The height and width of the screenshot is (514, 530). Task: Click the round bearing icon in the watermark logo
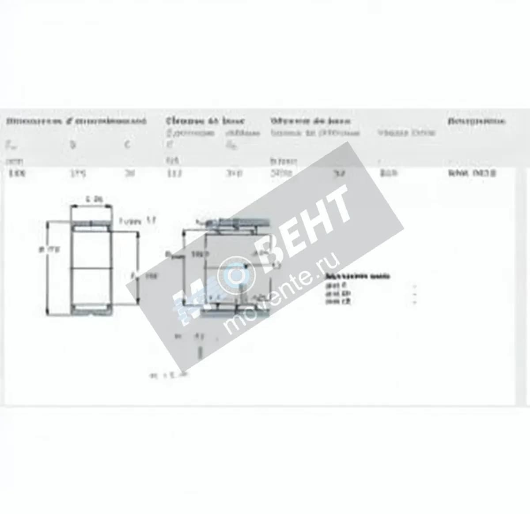[236, 275]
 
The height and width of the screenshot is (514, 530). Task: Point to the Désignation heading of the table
[476, 121]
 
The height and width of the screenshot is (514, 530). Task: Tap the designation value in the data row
[472, 173]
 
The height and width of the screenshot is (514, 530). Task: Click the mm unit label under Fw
[13, 161]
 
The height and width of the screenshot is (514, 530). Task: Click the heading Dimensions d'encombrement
[76, 121]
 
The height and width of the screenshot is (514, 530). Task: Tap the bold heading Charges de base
[205, 121]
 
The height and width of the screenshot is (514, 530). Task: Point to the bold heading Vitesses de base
[310, 121]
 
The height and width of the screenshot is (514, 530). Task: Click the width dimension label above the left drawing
[91, 199]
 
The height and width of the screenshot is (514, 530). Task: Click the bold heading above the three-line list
[357, 277]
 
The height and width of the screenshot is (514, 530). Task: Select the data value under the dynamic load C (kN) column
[171, 173]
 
